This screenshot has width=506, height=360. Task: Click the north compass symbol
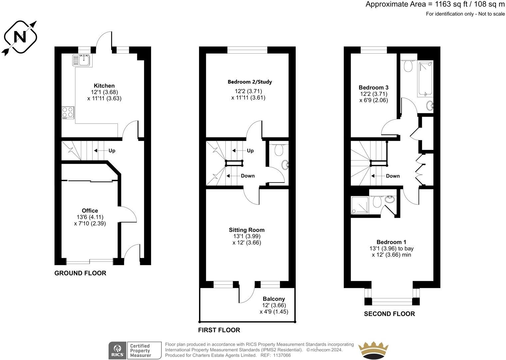(20, 37)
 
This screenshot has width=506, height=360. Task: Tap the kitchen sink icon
(82, 60)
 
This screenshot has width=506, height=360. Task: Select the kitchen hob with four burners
(68, 113)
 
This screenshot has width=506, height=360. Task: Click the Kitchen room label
(104, 86)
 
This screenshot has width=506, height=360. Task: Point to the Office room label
(90, 211)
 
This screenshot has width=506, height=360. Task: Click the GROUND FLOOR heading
(80, 273)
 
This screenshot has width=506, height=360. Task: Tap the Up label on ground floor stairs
(112, 151)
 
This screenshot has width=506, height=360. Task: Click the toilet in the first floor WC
(279, 150)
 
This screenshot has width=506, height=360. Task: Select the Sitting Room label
(247, 230)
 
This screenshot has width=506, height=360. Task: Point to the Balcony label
(274, 299)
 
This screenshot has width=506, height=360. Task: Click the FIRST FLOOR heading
(219, 330)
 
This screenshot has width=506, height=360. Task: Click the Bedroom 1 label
(391, 242)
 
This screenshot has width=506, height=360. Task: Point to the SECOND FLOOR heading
(389, 314)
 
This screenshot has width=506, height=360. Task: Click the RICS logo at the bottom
(118, 351)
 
